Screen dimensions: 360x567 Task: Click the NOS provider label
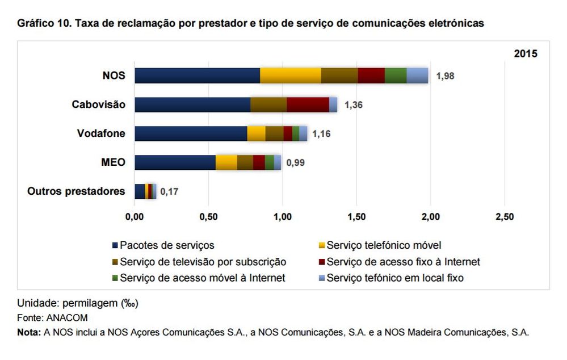114,75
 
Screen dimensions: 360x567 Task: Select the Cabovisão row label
99,104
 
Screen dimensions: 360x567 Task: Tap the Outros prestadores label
76,191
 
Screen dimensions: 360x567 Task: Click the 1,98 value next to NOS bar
446,76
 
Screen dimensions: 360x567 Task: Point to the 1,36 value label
354,105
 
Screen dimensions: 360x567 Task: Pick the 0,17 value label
169,192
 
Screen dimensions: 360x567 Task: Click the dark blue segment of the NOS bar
197,75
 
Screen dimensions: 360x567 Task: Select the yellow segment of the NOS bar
290,75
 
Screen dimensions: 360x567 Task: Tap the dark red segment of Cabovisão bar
308,104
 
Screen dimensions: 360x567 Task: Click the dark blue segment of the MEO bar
175,162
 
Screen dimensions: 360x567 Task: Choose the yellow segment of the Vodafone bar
256,133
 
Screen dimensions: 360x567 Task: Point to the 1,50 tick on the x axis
356,217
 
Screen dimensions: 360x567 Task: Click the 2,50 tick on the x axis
505,217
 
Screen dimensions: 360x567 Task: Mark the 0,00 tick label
135,217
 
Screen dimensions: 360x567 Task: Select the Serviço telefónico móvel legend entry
383,245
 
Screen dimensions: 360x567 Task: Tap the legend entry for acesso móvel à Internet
202,278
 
